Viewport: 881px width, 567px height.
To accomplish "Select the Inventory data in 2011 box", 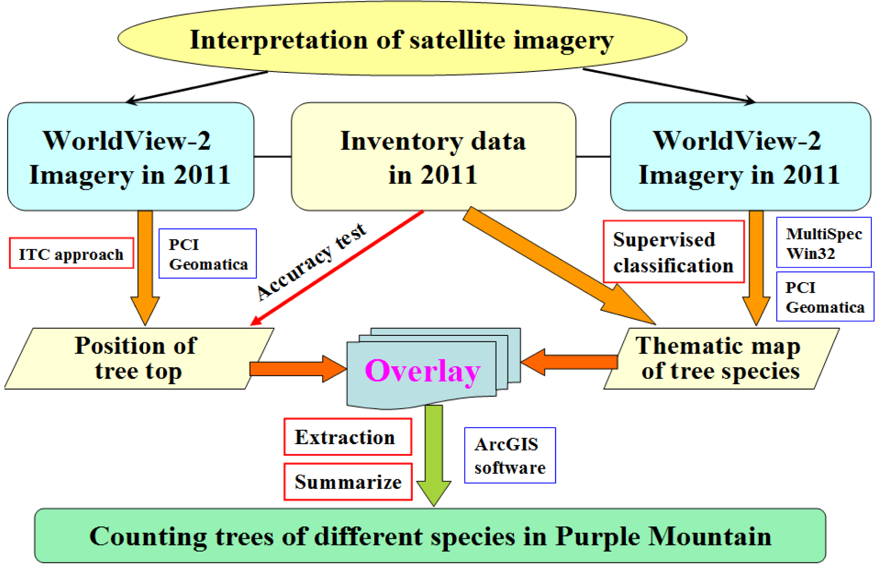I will click(433, 157).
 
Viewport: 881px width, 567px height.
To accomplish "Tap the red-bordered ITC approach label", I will click(71, 254).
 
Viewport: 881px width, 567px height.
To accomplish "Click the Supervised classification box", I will click(673, 252).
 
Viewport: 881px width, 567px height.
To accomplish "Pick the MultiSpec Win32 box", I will click(824, 243).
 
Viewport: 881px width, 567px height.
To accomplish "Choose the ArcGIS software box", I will click(509, 456).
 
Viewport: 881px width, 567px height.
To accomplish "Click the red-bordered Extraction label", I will click(348, 437).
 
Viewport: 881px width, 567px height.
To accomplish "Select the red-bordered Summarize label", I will click(348, 482).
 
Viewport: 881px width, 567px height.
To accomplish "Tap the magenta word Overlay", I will click(422, 371).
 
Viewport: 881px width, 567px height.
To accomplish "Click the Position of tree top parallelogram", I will click(137, 359).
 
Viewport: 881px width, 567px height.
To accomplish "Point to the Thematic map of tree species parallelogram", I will click(720, 359).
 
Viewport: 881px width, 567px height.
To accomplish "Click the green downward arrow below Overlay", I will click(434, 455).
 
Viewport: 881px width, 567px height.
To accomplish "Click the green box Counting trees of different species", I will click(430, 536).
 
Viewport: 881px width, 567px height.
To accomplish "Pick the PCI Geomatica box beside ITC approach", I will click(208, 254).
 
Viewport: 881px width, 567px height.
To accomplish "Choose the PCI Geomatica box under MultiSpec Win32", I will click(825, 297).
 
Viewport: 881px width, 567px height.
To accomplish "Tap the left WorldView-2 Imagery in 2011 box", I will click(130, 157).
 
